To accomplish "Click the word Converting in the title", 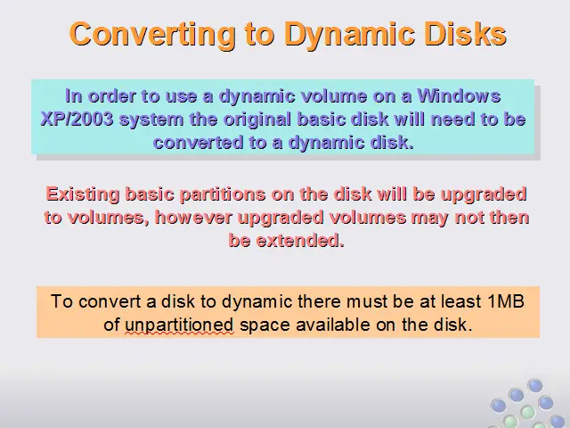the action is (x=152, y=34).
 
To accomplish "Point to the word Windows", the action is (x=459, y=96).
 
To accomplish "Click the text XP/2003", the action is (x=77, y=119).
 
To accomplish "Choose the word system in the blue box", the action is (x=151, y=120).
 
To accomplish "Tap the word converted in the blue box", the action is (x=198, y=143).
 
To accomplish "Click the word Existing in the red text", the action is (x=83, y=194).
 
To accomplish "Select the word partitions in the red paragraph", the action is (x=223, y=194).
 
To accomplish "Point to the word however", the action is (x=193, y=218).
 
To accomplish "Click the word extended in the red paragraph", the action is (x=300, y=241).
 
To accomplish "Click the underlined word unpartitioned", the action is (x=179, y=325).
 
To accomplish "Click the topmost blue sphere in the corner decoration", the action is (x=535, y=385).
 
